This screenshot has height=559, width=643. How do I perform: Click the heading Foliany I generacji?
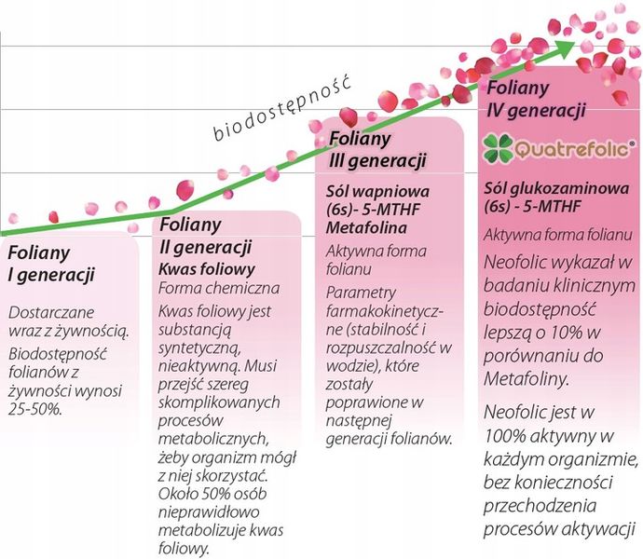(51, 264)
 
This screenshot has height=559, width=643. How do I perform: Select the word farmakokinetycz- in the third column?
(385, 312)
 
